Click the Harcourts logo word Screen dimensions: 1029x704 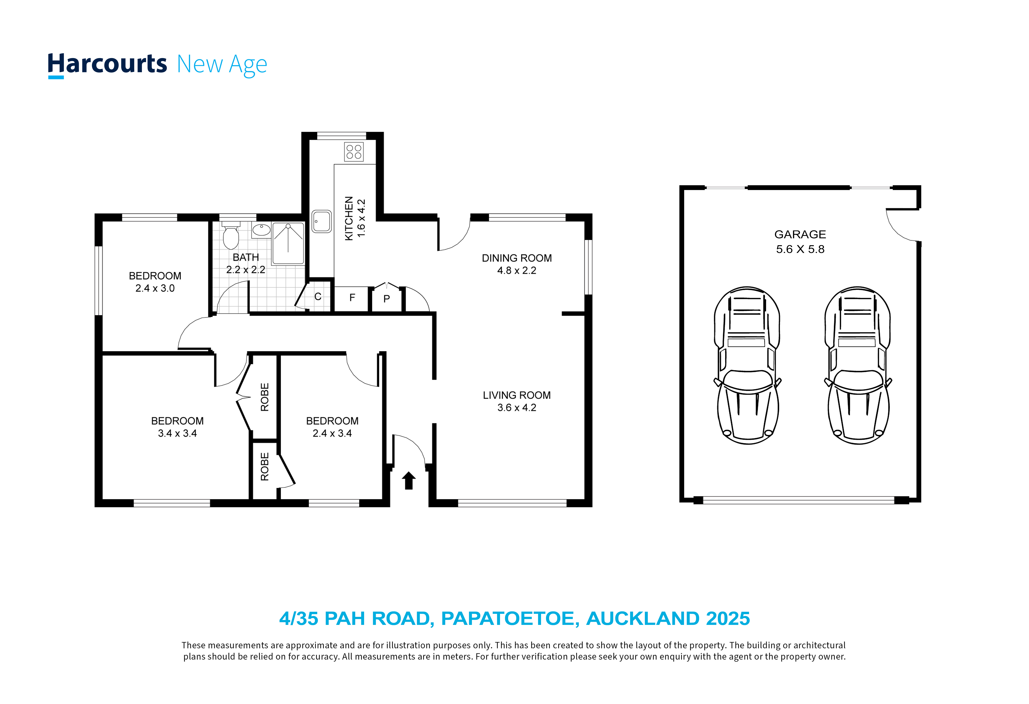tap(107, 65)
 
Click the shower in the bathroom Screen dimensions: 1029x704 tap(288, 244)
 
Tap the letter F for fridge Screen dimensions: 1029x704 tap(352, 298)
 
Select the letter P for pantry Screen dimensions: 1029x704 tap(387, 299)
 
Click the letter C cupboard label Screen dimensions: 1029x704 tap(318, 297)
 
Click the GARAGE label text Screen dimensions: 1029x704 tap(800, 234)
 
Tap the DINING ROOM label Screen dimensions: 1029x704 tap(517, 258)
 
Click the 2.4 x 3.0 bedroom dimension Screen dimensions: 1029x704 tap(155, 288)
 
